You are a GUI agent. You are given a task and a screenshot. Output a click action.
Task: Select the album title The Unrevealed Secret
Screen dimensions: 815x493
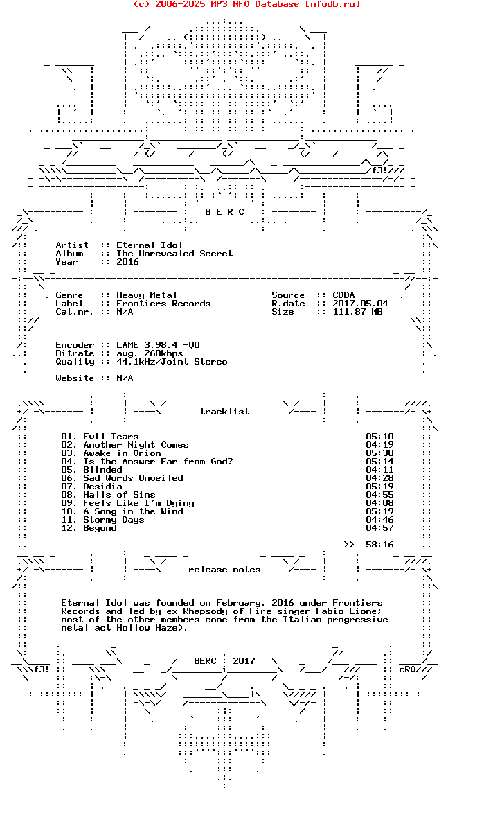tap(174, 254)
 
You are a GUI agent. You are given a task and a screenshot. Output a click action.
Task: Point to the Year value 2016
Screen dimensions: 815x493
tap(127, 262)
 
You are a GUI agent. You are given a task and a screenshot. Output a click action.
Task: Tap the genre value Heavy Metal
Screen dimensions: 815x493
tap(147, 295)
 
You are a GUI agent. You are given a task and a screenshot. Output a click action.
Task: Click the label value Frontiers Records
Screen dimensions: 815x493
tap(163, 304)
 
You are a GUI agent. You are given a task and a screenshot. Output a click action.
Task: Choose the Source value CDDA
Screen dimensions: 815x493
tap(343, 295)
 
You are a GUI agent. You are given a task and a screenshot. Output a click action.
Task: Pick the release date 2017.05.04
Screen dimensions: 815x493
tap(360, 304)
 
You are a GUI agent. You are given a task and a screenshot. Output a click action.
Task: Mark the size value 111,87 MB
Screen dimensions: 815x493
tap(357, 312)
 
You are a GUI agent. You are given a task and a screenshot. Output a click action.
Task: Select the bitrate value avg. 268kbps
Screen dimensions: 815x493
tap(150, 353)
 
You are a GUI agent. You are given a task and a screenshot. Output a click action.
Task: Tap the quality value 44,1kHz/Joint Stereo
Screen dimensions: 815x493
tap(172, 362)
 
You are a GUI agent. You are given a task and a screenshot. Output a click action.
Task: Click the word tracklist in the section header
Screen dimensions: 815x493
tap(225, 412)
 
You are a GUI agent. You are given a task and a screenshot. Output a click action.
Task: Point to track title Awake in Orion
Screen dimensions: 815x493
tap(122, 453)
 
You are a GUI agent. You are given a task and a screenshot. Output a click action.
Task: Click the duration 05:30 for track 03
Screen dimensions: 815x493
tap(379, 453)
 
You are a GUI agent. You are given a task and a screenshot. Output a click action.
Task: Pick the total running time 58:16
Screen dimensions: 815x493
tap(379, 545)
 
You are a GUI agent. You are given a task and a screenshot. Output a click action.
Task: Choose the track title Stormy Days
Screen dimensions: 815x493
tap(114, 520)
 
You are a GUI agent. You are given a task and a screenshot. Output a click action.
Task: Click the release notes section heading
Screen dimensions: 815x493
tap(224, 570)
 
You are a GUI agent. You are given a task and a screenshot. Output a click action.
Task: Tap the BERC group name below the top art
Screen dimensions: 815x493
tap(225, 212)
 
